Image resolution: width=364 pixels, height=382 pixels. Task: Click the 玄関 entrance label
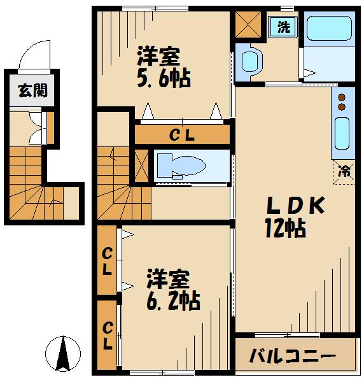(x=27, y=90)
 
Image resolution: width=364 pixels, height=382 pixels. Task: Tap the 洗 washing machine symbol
(x=283, y=27)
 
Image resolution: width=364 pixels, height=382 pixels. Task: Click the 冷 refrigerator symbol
(x=344, y=171)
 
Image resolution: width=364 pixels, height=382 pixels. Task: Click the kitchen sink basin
(x=342, y=134)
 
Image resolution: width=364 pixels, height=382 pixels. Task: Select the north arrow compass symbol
(x=64, y=353)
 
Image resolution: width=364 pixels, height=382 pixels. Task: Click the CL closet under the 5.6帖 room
(x=181, y=134)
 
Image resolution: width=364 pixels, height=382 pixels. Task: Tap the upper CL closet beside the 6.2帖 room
(x=108, y=261)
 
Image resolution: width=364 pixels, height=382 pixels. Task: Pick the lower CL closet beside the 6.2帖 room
(x=108, y=336)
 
